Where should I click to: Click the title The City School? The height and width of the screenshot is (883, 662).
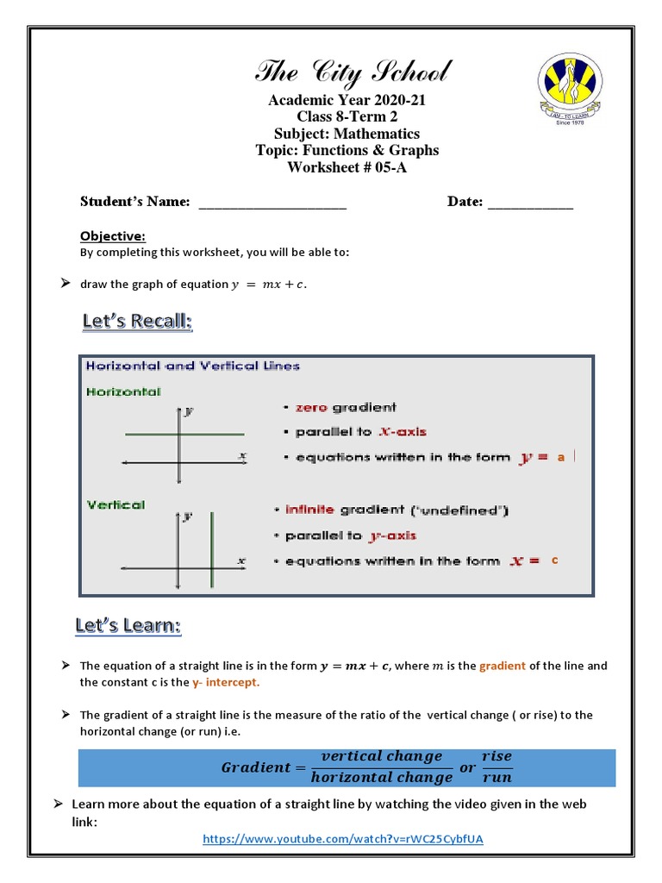(x=352, y=72)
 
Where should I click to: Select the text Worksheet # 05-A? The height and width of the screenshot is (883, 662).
(x=347, y=167)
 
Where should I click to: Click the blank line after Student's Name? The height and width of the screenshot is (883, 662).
(x=272, y=203)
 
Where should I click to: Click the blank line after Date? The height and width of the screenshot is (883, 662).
(x=530, y=203)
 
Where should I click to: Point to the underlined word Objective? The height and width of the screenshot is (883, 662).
(x=113, y=236)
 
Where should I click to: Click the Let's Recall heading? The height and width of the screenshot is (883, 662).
(x=137, y=322)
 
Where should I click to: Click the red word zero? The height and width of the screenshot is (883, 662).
(x=311, y=408)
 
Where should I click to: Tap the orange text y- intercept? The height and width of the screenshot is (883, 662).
(x=225, y=682)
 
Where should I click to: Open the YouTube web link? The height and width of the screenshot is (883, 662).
(x=349, y=838)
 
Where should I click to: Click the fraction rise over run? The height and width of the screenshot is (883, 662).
(x=496, y=767)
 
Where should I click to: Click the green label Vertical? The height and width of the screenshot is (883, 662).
(x=116, y=505)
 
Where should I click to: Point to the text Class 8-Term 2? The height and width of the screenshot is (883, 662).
(x=347, y=116)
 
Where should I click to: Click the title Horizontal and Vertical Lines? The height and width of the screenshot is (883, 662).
(x=193, y=366)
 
